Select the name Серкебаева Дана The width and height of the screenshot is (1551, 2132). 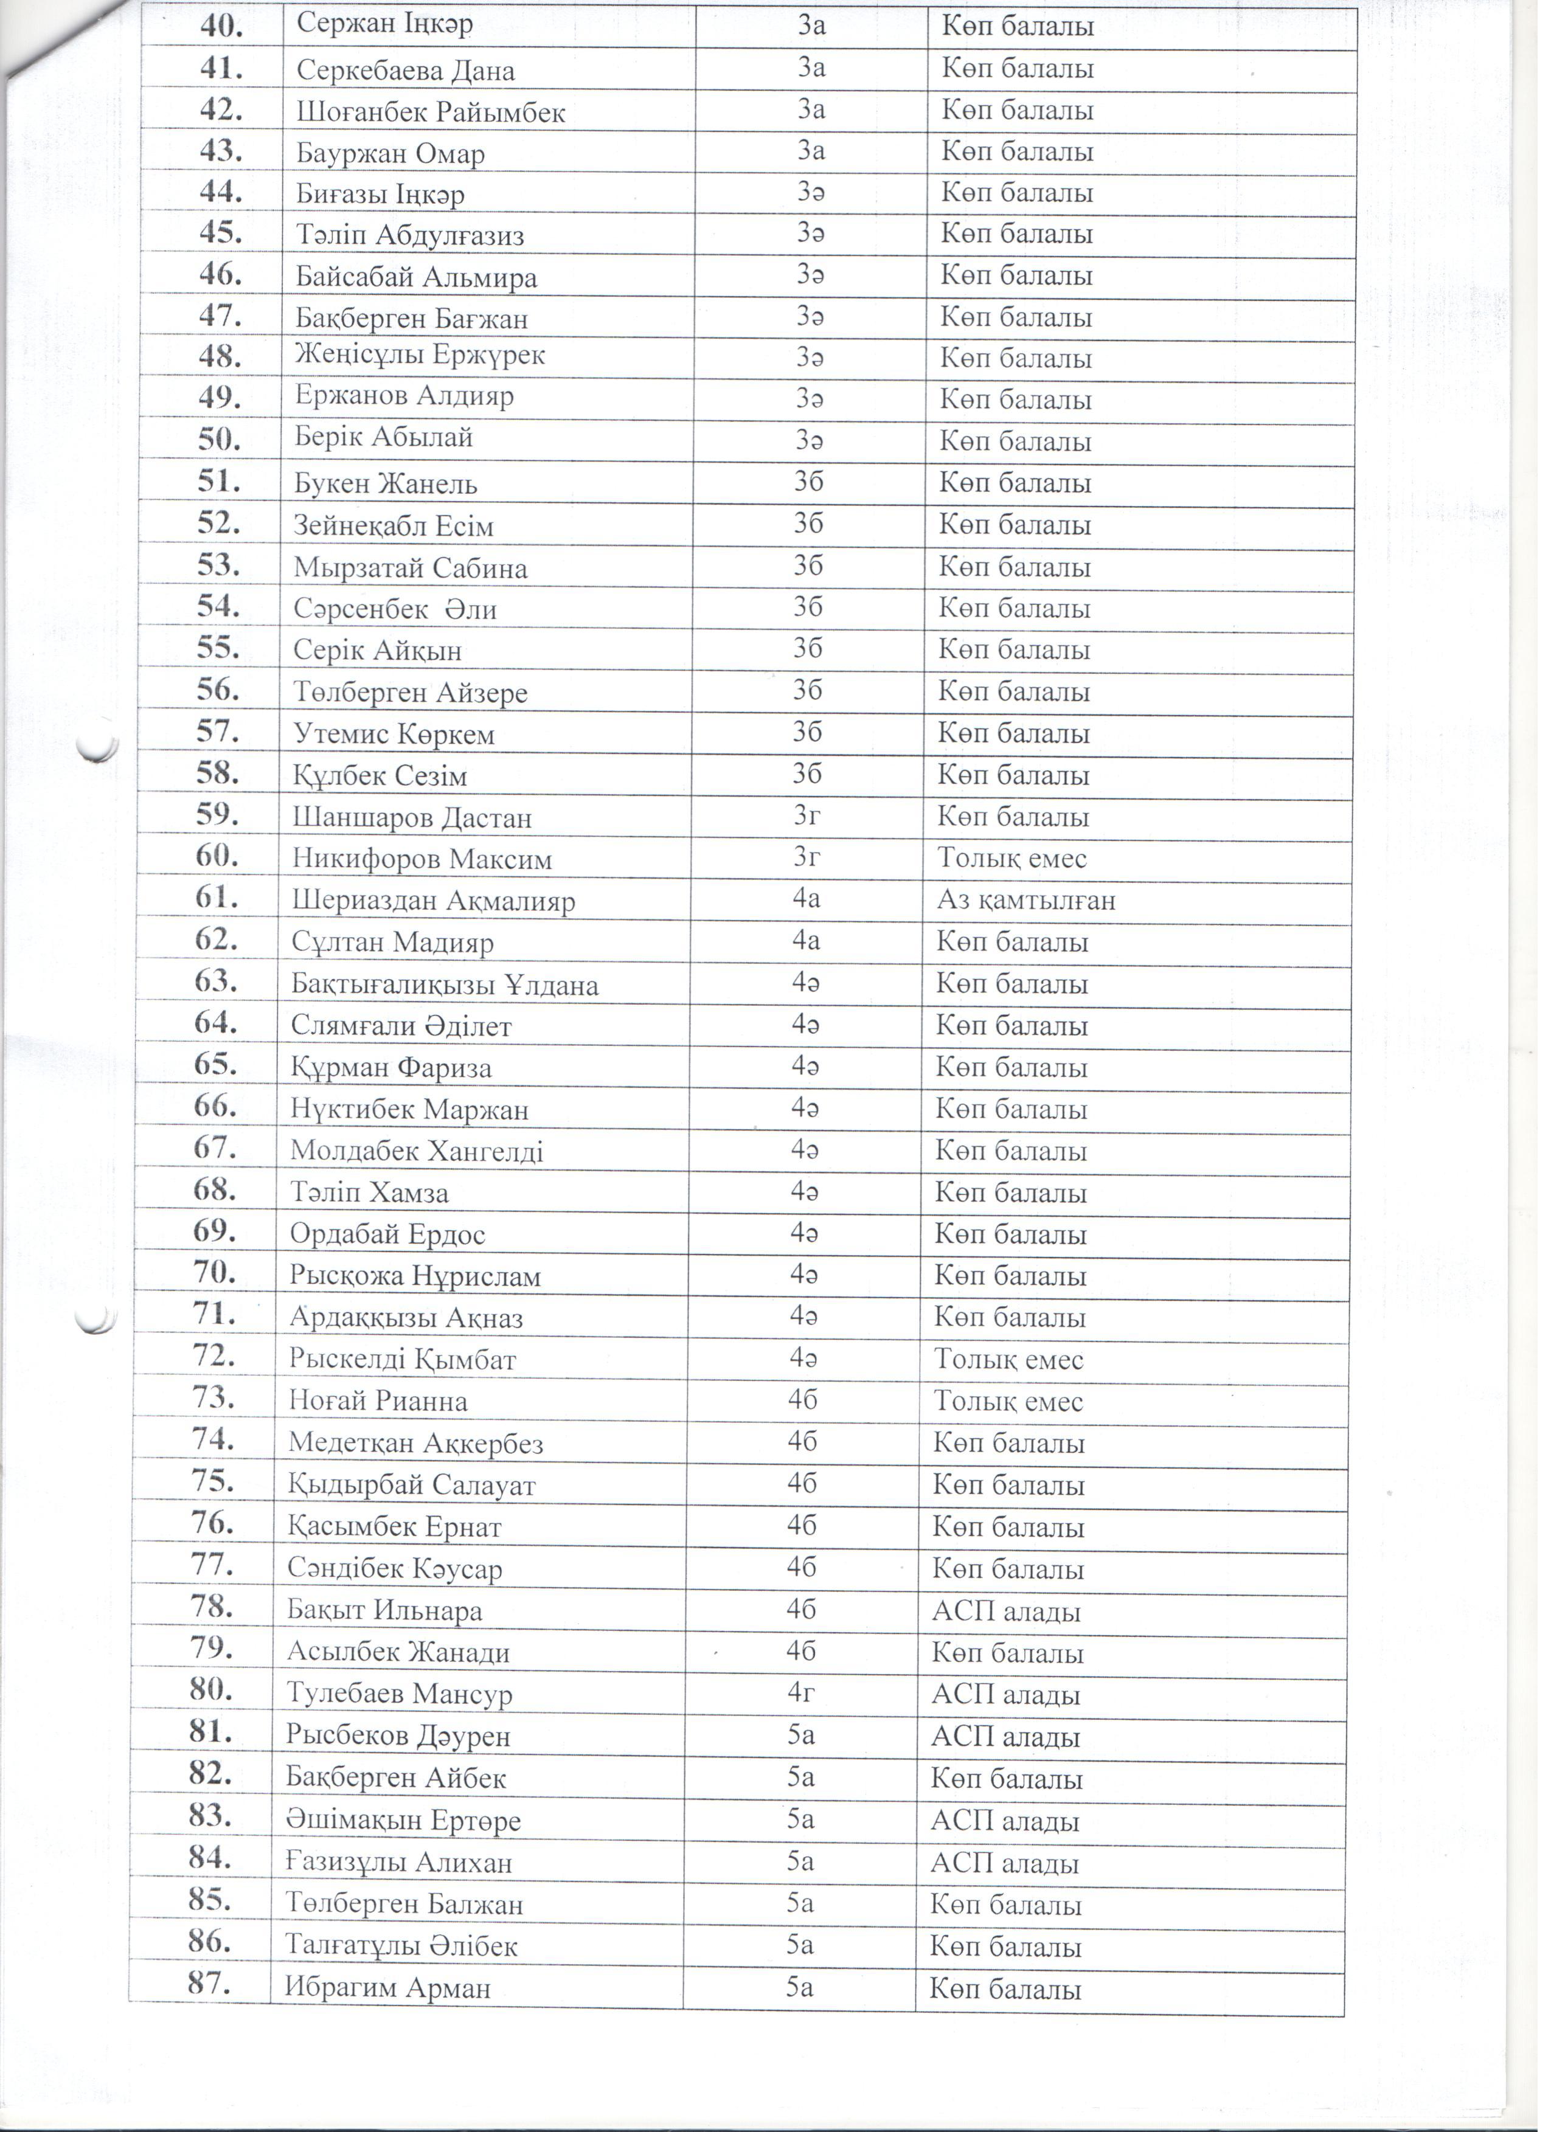405,71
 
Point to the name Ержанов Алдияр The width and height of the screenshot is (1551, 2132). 404,396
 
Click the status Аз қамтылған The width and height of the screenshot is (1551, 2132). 1025,901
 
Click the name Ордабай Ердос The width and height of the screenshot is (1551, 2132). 387,1234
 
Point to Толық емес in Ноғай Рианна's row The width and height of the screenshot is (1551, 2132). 1008,1402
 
